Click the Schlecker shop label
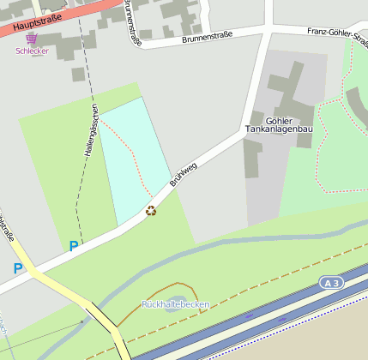click(32, 51)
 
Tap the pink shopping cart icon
click(32, 39)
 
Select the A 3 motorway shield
click(331, 282)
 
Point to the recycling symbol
click(151, 211)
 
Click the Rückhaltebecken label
click(175, 305)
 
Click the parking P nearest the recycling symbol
click(74, 246)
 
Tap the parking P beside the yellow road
click(18, 268)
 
